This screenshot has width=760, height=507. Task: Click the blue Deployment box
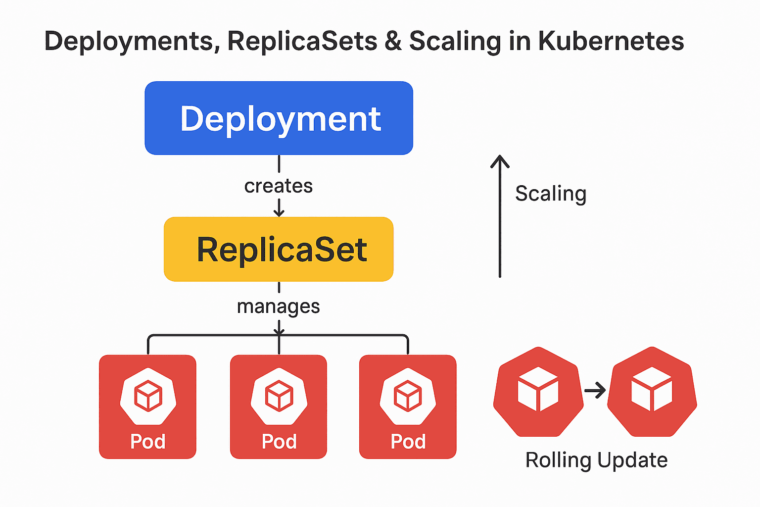tap(279, 118)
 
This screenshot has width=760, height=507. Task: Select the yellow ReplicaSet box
tap(279, 249)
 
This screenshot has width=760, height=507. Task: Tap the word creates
tap(279, 186)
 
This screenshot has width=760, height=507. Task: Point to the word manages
tap(279, 306)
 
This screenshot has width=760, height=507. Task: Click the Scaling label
tap(551, 194)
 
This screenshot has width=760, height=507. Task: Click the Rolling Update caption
tap(596, 460)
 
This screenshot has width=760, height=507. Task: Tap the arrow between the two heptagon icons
tap(595, 391)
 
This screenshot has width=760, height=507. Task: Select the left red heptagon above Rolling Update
tap(538, 391)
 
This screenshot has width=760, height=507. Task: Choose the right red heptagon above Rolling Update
tap(652, 391)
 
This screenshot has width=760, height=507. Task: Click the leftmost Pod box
tap(147, 406)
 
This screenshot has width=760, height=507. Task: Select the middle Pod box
tap(279, 406)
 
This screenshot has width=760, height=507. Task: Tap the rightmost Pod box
tap(408, 406)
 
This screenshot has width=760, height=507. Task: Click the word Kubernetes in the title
tap(611, 41)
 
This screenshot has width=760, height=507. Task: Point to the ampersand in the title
tap(393, 41)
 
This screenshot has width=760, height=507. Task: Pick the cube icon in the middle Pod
tap(279, 396)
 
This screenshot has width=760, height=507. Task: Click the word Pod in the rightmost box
tap(408, 441)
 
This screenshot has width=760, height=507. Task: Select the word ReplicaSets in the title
tap(302, 41)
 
